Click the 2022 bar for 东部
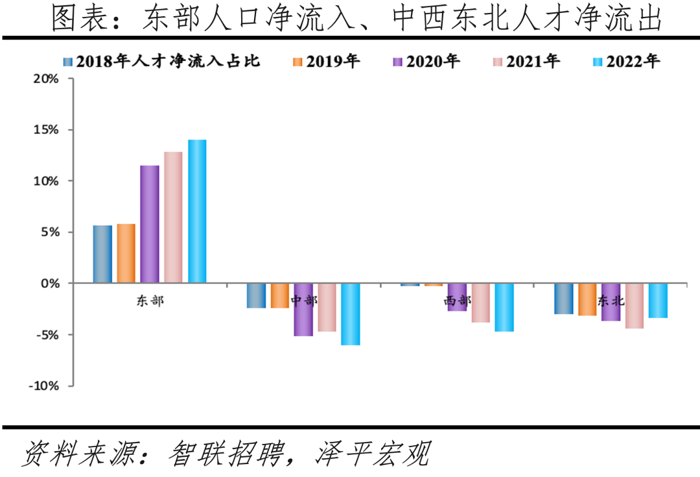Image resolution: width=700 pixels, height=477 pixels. point(197,211)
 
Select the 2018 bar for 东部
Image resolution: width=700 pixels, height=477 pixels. point(102,254)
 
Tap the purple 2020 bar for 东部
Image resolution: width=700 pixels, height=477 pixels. point(150,224)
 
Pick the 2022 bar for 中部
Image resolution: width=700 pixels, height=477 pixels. point(351,314)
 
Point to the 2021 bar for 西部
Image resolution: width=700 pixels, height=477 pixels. point(481,302)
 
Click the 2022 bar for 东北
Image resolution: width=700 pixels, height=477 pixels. point(658,300)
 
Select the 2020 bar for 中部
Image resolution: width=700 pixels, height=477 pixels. point(303,310)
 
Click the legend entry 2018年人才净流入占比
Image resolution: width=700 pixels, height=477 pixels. point(162,62)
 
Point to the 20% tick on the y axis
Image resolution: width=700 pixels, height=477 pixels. point(46,79)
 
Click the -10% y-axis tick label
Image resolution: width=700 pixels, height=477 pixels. point(43,386)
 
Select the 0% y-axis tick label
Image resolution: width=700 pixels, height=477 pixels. point(51,284)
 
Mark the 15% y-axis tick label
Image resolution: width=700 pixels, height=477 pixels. point(46,130)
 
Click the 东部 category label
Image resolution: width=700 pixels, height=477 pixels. point(150,301)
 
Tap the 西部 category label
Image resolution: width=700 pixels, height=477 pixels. point(458,301)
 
